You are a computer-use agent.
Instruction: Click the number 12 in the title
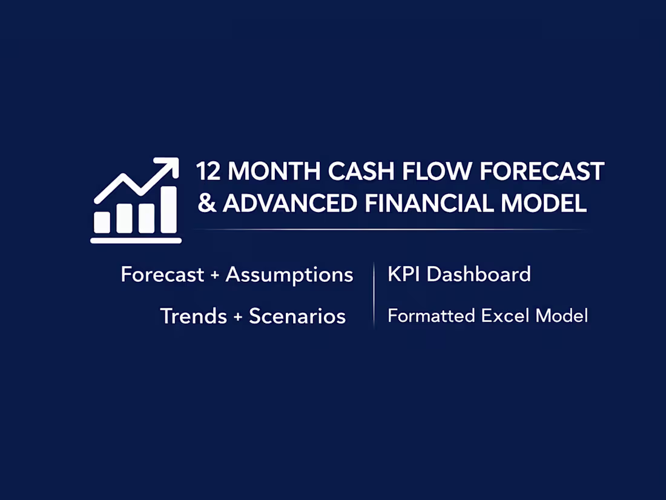(x=209, y=172)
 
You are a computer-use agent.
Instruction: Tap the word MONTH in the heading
(x=274, y=172)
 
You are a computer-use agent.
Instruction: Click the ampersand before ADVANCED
(x=207, y=204)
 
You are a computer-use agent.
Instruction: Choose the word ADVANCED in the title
(x=290, y=204)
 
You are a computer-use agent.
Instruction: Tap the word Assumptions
(x=289, y=275)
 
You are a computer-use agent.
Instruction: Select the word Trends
(x=193, y=316)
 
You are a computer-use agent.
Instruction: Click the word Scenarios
(x=297, y=316)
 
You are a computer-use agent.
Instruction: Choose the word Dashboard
(x=478, y=275)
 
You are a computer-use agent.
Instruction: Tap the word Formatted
(x=431, y=316)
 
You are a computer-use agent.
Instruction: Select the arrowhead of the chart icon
(x=169, y=166)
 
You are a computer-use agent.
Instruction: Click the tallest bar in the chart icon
(x=169, y=210)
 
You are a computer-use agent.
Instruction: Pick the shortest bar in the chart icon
(x=102, y=222)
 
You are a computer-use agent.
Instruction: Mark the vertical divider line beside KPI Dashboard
(x=374, y=295)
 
